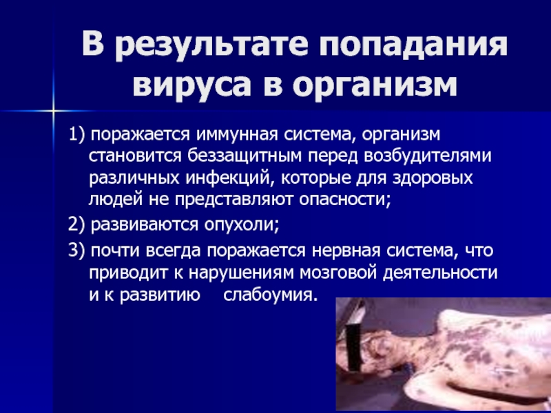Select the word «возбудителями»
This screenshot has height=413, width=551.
(427, 157)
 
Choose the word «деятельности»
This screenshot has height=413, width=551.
(440, 273)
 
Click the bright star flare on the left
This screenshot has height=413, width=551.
(54, 112)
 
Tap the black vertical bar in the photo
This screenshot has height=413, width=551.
(353, 348)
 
